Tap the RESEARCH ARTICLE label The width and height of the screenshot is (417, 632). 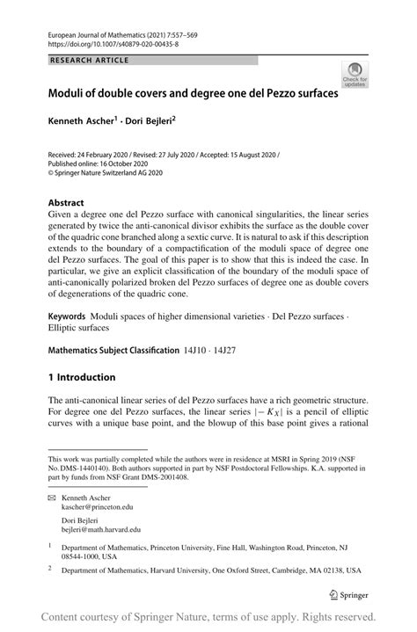pyautogui.click(x=90, y=60)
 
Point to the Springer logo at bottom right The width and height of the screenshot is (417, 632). pyautogui.click(x=349, y=595)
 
